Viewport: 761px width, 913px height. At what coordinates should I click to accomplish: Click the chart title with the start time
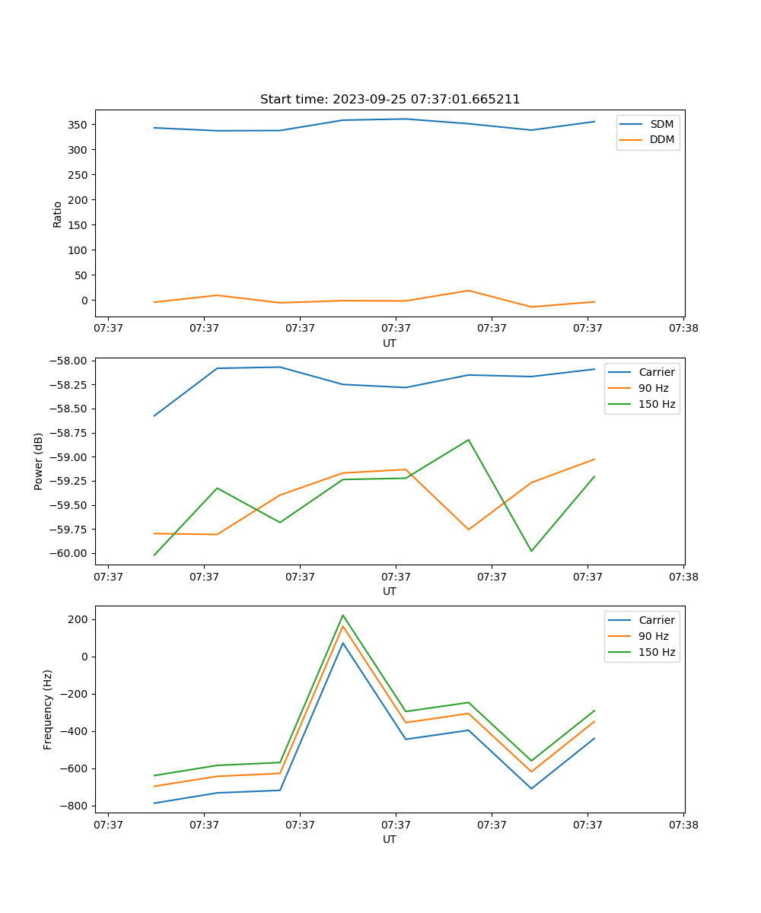coord(390,100)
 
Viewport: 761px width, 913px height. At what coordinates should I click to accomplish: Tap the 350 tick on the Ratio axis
coord(80,124)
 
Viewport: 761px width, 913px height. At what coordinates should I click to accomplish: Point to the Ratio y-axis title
coord(58,214)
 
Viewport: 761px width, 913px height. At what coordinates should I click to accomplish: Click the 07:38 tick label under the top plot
coord(683,329)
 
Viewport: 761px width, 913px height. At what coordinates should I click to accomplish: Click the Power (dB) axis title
coord(39,461)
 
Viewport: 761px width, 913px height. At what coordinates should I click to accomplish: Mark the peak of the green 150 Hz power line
coord(468,440)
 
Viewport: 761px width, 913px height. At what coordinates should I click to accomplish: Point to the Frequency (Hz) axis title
coord(48,709)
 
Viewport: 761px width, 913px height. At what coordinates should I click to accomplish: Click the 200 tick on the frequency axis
coord(80,619)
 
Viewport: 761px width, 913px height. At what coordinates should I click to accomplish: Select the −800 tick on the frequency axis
coord(75,806)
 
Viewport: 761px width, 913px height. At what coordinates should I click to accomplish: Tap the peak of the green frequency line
coord(342,615)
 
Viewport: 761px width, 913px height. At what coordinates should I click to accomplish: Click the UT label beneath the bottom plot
coord(390,839)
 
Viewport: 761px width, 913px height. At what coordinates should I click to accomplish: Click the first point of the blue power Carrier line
coord(154,415)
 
